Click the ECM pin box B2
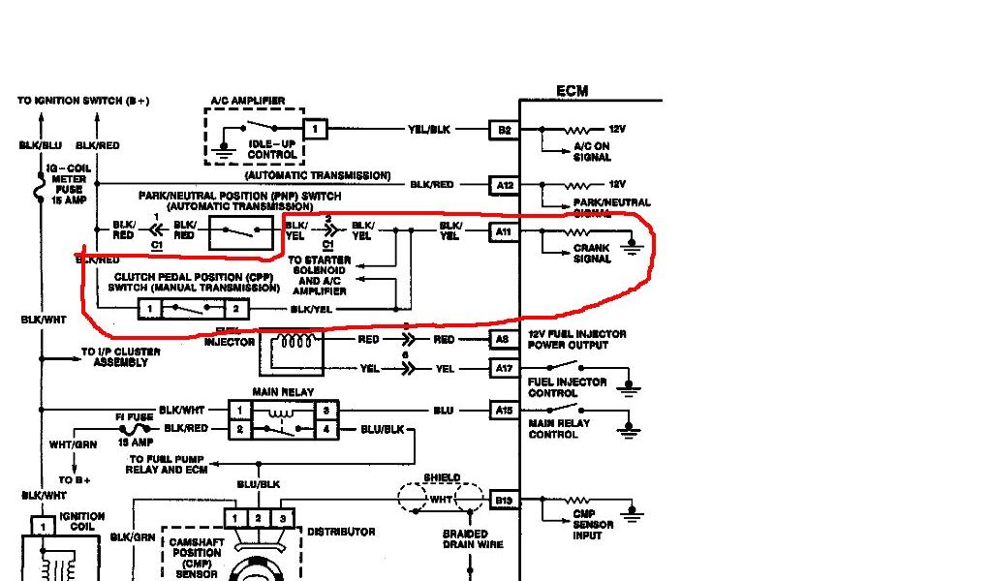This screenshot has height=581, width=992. coord(504,130)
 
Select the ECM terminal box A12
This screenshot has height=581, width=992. coord(504,184)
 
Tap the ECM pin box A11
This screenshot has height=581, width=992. coord(504,231)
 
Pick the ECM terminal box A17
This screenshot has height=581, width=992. coord(504,369)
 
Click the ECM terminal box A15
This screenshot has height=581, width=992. coord(504,411)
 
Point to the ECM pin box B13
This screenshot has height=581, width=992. coord(504,500)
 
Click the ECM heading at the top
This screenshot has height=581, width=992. coord(572,92)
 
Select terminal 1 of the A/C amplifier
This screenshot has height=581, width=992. coord(315,129)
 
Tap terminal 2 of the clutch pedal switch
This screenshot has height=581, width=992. coord(236,309)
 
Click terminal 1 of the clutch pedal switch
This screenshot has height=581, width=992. coord(149,309)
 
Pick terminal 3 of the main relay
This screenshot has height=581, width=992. coord(327,411)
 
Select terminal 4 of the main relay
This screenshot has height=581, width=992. coord(327,428)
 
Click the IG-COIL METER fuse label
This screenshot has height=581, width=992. coord(66,183)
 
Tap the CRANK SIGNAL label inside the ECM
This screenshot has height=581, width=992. coord(592,254)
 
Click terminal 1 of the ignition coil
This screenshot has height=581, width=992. coord(43,527)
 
